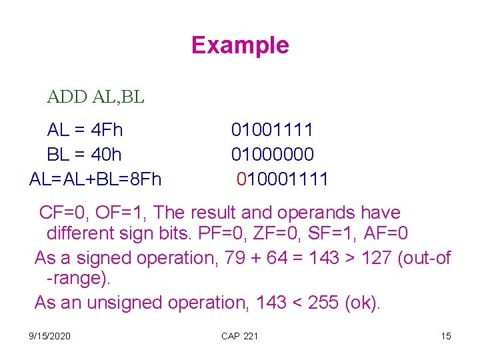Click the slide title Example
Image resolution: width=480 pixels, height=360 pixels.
tap(240, 45)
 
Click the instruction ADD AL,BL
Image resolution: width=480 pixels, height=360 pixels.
tap(95, 97)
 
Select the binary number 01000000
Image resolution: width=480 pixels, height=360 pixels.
tap(272, 155)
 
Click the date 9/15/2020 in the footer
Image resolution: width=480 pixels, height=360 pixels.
tap(50, 336)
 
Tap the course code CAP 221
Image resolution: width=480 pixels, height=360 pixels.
tap(239, 336)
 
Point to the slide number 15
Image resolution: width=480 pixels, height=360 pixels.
tap(446, 336)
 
